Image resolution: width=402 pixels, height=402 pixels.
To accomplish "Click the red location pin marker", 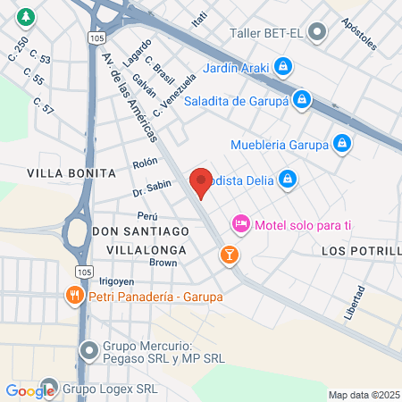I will point(201,182).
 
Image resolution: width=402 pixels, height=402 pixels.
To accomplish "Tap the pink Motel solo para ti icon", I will point(240,222).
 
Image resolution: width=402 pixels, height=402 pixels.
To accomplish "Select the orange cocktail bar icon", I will point(230,256).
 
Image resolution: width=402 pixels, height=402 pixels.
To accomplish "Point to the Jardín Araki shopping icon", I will point(283,66).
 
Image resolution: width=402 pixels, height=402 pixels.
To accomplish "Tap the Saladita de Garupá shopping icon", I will point(303,99).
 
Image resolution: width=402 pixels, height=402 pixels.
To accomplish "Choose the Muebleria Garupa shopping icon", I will point(341,143).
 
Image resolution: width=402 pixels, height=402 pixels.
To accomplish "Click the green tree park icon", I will point(28,17).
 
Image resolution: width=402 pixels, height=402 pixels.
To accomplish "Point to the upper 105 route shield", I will point(96,38).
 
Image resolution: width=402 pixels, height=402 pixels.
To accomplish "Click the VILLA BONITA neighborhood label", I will point(71,172).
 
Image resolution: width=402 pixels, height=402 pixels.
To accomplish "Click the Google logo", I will point(29,390).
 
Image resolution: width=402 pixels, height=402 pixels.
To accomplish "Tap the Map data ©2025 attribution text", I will point(363,395).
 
